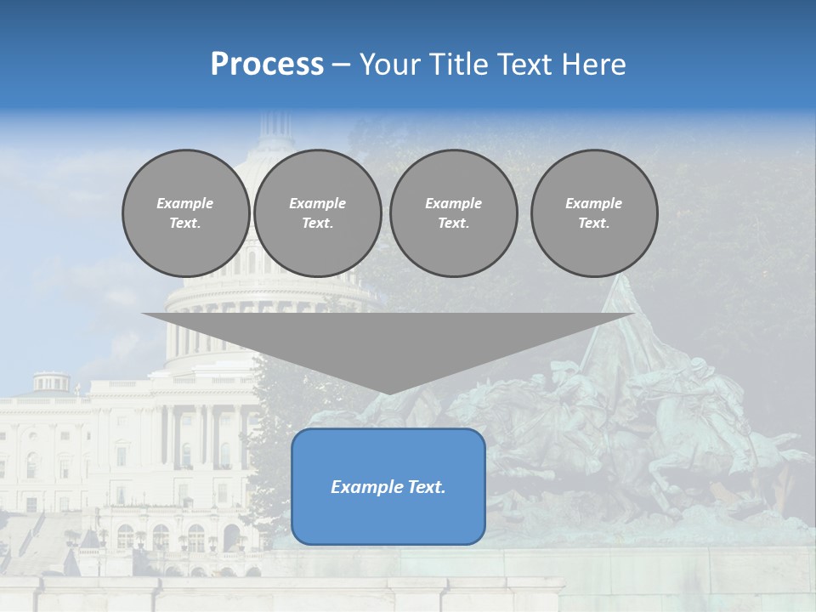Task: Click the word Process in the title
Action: click(x=267, y=65)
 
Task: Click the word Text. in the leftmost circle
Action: click(x=185, y=224)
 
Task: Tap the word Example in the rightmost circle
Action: click(x=593, y=203)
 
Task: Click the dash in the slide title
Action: click(x=341, y=65)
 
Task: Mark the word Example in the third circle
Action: click(x=453, y=203)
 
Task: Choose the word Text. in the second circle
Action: click(x=317, y=224)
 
